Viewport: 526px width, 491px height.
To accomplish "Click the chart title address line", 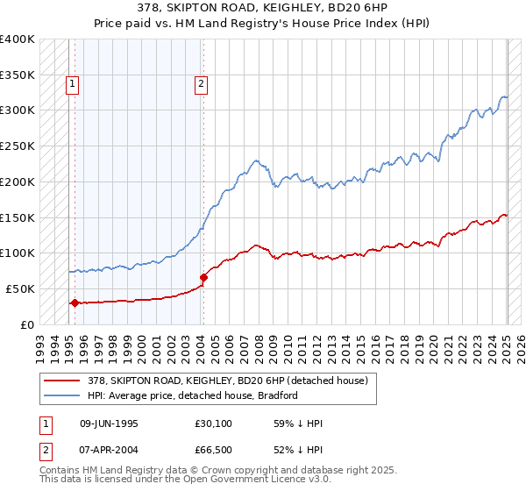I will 263,7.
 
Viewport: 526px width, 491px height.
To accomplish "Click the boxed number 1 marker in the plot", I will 71,84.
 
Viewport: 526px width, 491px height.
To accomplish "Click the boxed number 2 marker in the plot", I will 201,84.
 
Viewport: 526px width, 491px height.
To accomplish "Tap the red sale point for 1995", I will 75,303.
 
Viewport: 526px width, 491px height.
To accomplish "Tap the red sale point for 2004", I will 203,277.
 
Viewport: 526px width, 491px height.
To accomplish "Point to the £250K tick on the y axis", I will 18,146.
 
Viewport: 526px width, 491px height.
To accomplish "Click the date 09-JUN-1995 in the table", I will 109,423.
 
